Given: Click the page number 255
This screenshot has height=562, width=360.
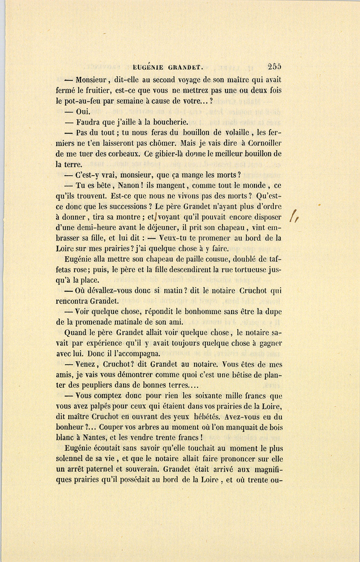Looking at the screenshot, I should (x=274, y=67).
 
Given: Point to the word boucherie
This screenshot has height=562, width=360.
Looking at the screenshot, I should (x=168, y=122).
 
